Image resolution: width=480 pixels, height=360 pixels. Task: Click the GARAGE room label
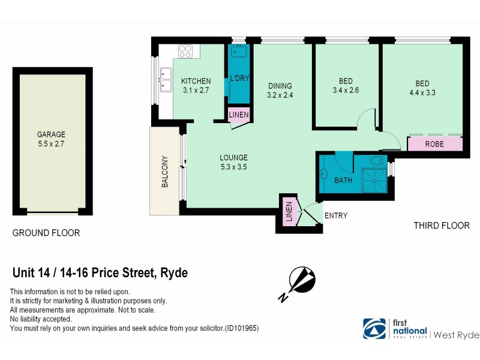point(51,134)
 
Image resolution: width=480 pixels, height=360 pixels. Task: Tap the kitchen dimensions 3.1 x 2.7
point(196,91)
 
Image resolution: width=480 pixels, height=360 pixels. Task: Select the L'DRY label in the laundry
point(239,79)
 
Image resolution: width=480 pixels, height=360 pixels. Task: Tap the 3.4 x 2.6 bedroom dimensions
point(345,91)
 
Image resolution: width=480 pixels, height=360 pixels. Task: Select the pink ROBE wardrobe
point(434,145)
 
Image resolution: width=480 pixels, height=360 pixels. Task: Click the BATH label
point(343,180)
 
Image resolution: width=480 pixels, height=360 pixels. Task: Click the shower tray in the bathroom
point(374,179)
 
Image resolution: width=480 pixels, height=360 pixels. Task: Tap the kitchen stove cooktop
point(185,51)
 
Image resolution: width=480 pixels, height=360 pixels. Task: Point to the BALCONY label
point(164,172)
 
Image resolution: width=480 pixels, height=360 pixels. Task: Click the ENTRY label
point(335,216)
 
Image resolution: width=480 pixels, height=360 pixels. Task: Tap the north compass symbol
point(301,281)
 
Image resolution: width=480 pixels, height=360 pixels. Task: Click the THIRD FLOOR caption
point(442,226)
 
